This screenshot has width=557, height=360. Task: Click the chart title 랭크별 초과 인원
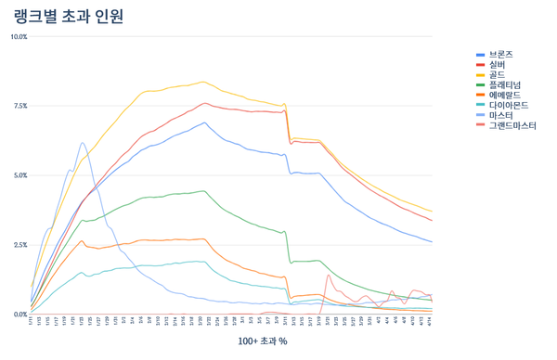pyautogui.click(x=70, y=16)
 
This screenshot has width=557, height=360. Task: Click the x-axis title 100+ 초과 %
pyautogui.click(x=262, y=341)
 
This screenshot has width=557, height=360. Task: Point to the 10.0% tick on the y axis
pyautogui.click(x=18, y=37)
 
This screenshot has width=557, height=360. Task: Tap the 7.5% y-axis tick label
pyautogui.click(x=19, y=107)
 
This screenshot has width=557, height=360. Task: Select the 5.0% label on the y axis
pyautogui.click(x=19, y=175)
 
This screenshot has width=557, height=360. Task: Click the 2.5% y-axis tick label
pyautogui.click(x=19, y=245)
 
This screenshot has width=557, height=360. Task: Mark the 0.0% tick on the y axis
pyautogui.click(x=19, y=315)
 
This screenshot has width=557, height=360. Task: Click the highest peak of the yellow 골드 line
pyautogui.click(x=203, y=82)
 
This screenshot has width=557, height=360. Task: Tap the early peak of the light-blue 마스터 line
pyautogui.click(x=83, y=143)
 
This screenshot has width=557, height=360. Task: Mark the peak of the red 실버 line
pyautogui.click(x=204, y=103)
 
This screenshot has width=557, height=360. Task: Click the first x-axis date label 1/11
pyautogui.click(x=31, y=321)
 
